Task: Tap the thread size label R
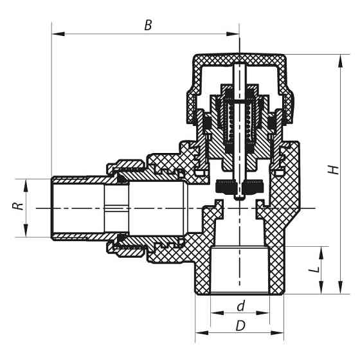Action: [19, 208]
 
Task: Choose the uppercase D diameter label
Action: [240, 326]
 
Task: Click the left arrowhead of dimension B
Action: [55, 33]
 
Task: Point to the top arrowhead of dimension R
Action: [26, 182]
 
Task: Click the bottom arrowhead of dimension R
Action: [26, 235]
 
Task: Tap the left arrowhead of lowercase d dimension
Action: [213, 312]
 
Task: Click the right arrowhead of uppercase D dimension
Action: [280, 333]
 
